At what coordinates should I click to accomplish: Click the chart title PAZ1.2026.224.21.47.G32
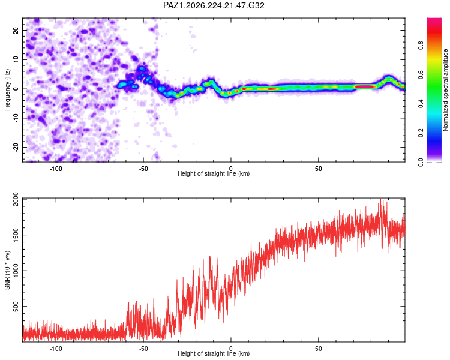214,5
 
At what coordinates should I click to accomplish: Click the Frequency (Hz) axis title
7,90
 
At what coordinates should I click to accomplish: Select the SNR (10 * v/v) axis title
7,270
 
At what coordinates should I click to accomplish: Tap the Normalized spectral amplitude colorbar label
445,90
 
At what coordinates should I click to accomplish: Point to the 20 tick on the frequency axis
16,30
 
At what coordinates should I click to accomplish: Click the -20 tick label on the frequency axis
16,147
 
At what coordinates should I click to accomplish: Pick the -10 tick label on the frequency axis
16,118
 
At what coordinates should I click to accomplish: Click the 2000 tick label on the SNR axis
16,199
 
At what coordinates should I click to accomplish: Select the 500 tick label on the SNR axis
16,307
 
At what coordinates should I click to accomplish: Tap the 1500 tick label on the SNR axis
16,235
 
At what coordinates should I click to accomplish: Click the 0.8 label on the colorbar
421,46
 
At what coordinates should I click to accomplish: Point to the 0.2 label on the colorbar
421,133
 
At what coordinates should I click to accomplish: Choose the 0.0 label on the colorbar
421,162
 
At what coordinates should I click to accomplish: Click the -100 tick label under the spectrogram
56,169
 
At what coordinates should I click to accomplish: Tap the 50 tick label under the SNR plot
318,349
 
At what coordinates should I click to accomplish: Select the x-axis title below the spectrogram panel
214,173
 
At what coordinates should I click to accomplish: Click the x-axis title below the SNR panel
214,353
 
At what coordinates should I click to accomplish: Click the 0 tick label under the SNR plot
231,349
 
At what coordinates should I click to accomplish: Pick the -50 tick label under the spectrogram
143,169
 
